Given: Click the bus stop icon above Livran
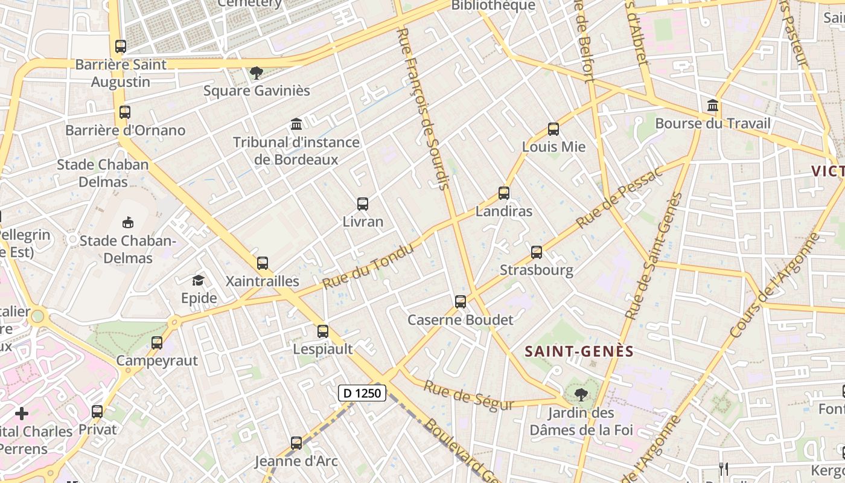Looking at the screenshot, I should tap(363, 204).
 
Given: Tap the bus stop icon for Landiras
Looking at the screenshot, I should tap(504, 193).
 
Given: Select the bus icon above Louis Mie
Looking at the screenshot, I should tap(553, 129).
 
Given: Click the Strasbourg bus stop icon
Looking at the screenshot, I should tap(537, 252).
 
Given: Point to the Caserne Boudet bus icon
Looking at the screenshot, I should tap(461, 302).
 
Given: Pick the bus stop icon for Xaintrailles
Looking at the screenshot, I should tap(262, 263).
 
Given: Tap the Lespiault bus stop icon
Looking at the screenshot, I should tap(323, 331).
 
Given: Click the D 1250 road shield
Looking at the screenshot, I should tap(362, 393).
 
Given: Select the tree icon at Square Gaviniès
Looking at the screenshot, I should tap(257, 73).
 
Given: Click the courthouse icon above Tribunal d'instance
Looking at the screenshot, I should tap(296, 124).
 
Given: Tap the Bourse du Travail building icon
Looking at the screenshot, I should tap(713, 106).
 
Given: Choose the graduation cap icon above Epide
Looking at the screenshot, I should tap(198, 280).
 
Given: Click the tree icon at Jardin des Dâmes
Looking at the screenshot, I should tap(581, 395).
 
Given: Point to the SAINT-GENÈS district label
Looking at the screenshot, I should tap(579, 351).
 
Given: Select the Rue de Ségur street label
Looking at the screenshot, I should tap(468, 396).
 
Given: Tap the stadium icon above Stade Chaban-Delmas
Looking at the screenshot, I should tap(127, 223).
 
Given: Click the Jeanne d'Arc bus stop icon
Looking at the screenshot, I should tap(296, 443).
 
